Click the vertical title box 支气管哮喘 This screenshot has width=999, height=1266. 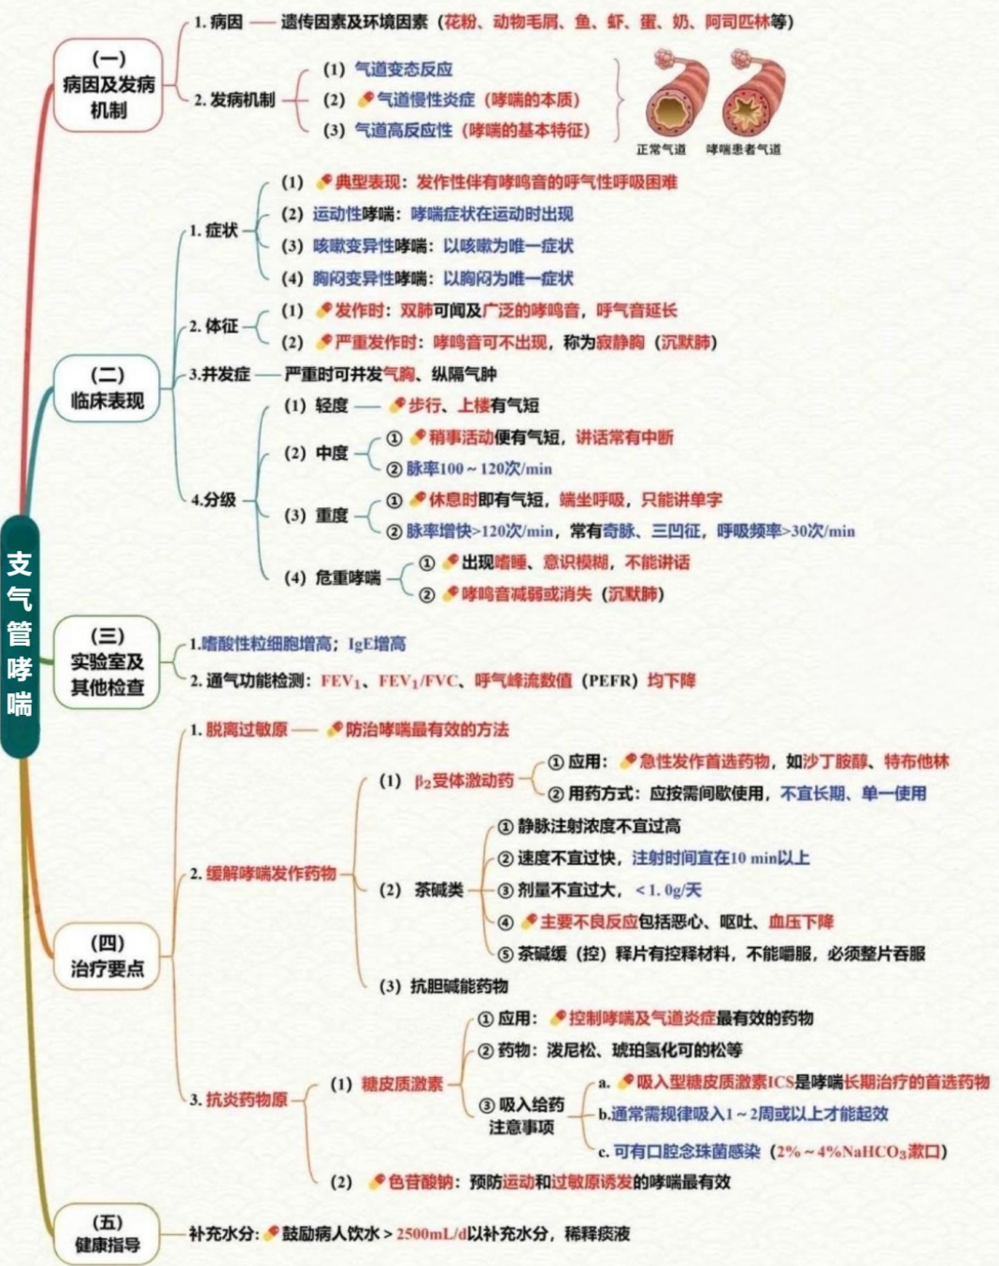20,634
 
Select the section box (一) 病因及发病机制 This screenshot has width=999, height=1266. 108,85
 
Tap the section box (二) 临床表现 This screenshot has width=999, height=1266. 107,389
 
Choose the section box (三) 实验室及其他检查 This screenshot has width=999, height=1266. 107,661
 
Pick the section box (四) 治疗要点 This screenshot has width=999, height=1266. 107,956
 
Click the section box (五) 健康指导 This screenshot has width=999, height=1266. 107,1233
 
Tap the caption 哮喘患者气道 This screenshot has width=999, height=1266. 744,149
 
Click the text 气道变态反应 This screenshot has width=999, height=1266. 403,69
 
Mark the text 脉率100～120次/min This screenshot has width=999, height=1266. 478,469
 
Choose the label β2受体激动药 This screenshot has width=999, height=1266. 464,781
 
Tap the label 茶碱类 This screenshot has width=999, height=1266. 438,889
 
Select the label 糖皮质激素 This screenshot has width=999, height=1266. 402,1084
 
